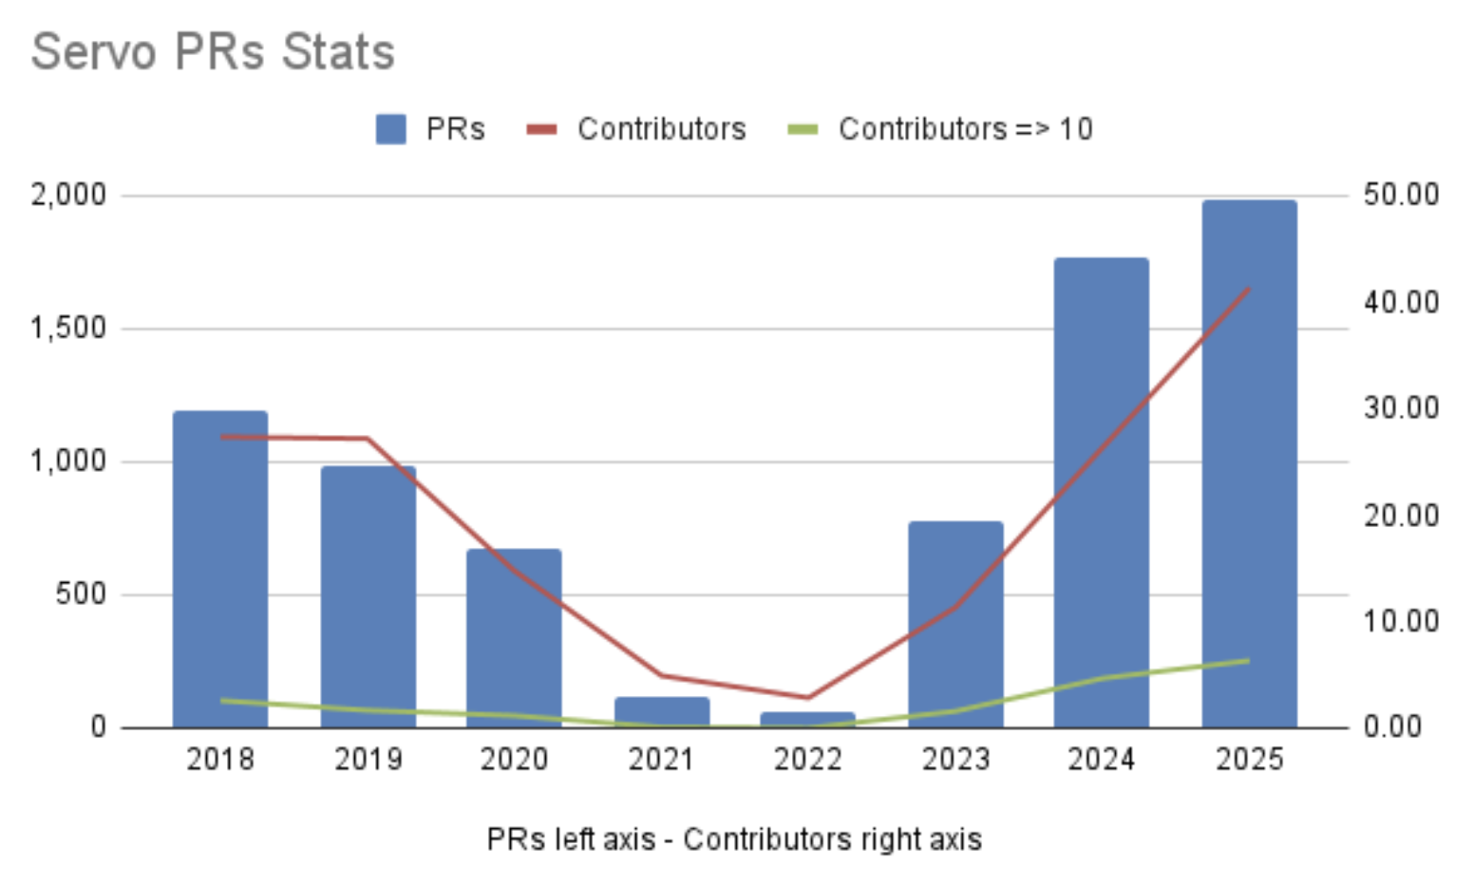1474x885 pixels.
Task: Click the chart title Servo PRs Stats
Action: [x=213, y=52]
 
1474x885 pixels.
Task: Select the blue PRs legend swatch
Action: [x=390, y=129]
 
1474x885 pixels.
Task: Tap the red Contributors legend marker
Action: [x=541, y=129]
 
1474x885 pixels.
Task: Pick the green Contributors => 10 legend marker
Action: [x=803, y=129]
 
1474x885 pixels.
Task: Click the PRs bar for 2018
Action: [x=220, y=570]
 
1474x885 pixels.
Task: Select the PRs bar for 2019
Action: [x=368, y=598]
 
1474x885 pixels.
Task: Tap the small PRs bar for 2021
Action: [x=662, y=712]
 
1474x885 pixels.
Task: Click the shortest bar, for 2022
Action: [x=808, y=720]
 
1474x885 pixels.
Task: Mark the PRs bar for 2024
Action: [x=1102, y=494]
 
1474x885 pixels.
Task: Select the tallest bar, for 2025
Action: [x=1249, y=465]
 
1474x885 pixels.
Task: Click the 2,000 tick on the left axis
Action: [x=68, y=196]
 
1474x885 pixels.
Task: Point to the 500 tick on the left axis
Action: [x=81, y=594]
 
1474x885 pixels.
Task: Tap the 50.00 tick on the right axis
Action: [x=1401, y=196]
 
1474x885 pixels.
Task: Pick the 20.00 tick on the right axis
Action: [x=1401, y=516]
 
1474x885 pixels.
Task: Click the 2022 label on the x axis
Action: [x=808, y=760]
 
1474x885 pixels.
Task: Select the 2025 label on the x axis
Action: [x=1249, y=760]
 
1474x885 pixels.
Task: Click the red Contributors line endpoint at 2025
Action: [x=1248, y=289]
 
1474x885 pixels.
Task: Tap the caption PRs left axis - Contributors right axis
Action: [x=734, y=839]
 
